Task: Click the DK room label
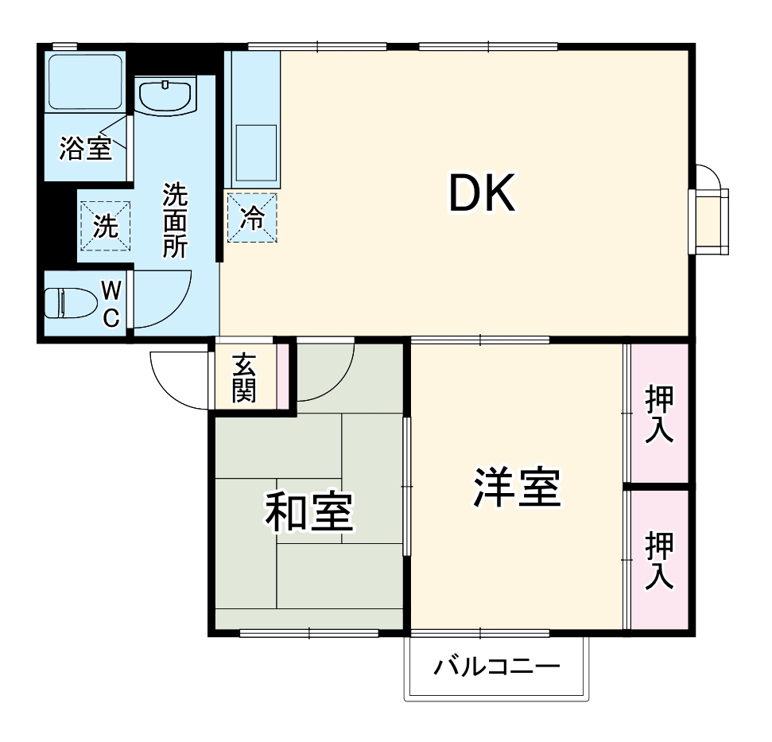click(x=482, y=193)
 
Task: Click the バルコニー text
click(x=497, y=666)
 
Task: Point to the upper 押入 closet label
click(x=660, y=414)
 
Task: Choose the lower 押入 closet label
click(x=660, y=561)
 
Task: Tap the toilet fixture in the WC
click(x=68, y=303)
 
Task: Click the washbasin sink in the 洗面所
click(x=166, y=96)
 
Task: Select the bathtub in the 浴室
click(x=83, y=80)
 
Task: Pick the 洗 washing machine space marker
click(x=104, y=226)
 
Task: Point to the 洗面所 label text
click(x=174, y=220)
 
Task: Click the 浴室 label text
click(x=85, y=148)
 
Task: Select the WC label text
click(x=111, y=303)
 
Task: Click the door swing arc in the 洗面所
click(x=163, y=301)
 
